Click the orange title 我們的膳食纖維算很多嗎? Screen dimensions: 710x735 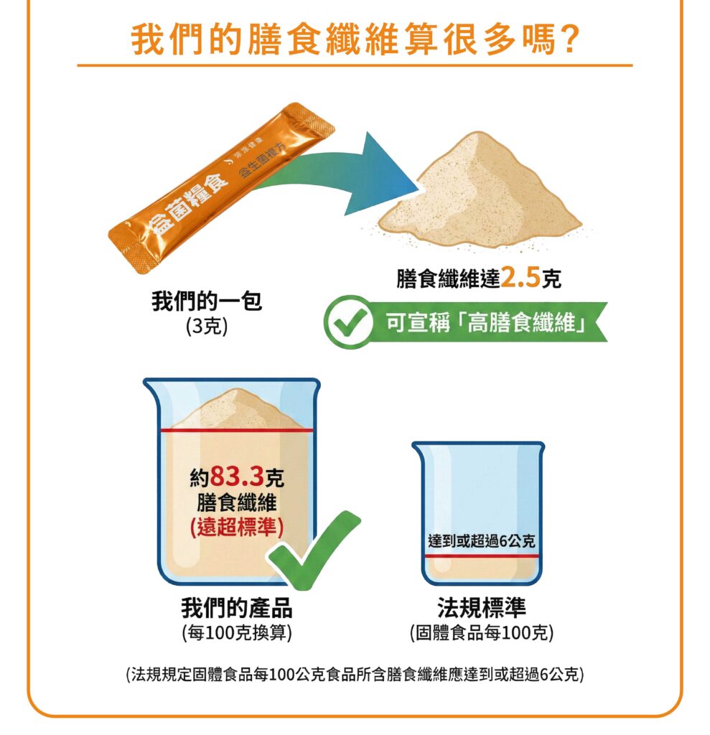[x=355, y=39]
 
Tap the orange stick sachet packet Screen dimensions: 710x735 [x=221, y=187]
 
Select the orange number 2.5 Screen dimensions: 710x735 [x=520, y=278]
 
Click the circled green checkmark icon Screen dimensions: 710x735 [x=348, y=322]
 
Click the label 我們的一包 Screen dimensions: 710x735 [x=206, y=301]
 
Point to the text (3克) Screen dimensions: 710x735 [x=206, y=327]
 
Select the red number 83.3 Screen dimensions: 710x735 [x=238, y=477]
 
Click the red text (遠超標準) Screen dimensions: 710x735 [x=237, y=528]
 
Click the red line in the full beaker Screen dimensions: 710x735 [x=237, y=430]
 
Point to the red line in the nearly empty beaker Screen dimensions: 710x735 [x=482, y=556]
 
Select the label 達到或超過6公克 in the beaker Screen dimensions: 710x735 [x=482, y=540]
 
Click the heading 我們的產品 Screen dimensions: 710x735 [x=237, y=608]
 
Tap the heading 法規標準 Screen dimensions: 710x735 [x=482, y=608]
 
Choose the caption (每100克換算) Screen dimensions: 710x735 [x=237, y=633]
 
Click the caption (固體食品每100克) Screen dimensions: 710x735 [x=482, y=633]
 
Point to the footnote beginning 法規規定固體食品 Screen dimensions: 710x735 [x=355, y=675]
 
